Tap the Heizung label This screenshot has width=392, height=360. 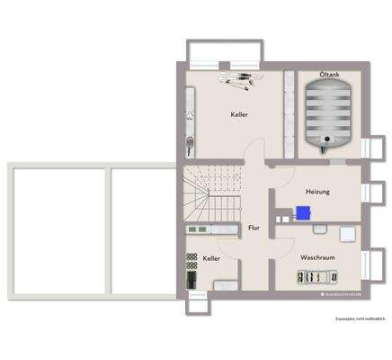[317, 192]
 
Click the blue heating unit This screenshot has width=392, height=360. [304, 213]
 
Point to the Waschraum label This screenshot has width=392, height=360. [317, 256]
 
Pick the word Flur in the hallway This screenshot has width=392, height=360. [254, 229]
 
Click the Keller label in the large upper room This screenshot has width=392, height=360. [238, 115]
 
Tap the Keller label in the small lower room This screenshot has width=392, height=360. [212, 258]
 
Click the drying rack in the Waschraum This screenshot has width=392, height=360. [316, 278]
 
